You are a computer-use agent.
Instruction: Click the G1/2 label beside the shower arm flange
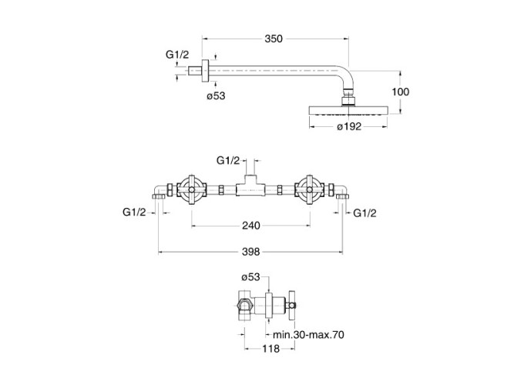coord(177,55)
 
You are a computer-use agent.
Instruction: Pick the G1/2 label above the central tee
coord(228,161)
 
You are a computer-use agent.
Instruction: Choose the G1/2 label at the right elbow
coord(365,212)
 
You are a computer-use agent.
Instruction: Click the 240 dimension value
coord(251,226)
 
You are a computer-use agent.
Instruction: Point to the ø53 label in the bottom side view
coord(252,278)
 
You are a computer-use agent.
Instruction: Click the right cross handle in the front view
coord(311,189)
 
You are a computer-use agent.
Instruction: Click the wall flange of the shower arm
coord(205,72)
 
